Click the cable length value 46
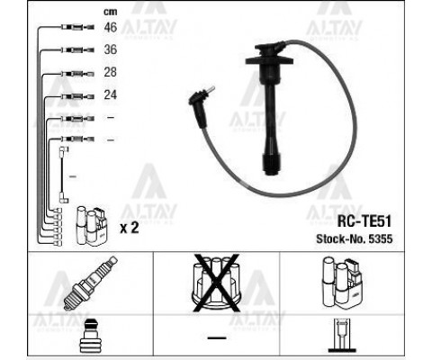coord(110,27)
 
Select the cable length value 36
coord(110,49)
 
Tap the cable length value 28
coord(110,72)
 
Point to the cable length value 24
coord(110,94)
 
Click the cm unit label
coord(110,12)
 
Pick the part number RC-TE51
coord(364,221)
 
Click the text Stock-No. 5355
coord(355,238)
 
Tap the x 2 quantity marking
coord(130,228)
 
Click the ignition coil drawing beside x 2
coord(92,225)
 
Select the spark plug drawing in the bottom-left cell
coord(90,283)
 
